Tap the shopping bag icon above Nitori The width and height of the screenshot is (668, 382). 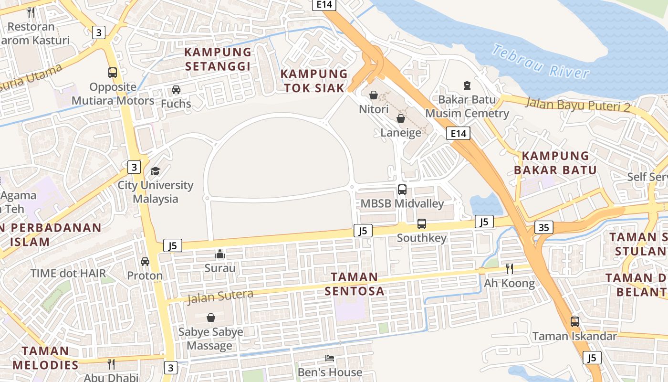click(x=374, y=95)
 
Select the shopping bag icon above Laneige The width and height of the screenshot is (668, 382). click(x=401, y=118)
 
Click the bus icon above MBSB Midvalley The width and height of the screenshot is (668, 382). click(x=402, y=190)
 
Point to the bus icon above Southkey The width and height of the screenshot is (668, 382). click(x=422, y=223)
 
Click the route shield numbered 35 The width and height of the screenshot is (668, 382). click(x=543, y=227)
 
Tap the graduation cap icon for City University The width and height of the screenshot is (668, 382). click(x=156, y=171)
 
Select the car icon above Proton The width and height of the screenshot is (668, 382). click(x=145, y=261)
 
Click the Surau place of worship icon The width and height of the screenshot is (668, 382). click(x=220, y=254)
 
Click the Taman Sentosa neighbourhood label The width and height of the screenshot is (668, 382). click(x=354, y=284)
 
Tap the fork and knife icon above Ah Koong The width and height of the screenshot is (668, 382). click(x=509, y=269)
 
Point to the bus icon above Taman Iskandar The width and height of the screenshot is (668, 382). click(x=575, y=322)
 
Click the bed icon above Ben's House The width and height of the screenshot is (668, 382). click(x=329, y=358)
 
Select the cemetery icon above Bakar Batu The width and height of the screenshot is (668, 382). click(x=467, y=85)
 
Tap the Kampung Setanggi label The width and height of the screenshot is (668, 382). click(x=218, y=59)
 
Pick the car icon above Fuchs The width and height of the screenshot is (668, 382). click(x=176, y=89)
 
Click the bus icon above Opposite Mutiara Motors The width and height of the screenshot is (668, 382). click(x=113, y=73)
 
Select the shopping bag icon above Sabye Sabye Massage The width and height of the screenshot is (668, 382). click(x=210, y=318)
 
